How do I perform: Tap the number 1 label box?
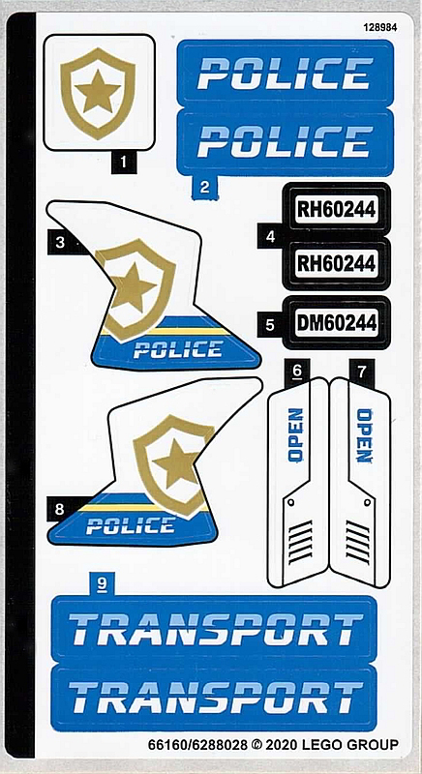click(123, 163)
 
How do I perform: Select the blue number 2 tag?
click(205, 188)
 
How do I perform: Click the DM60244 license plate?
click(337, 323)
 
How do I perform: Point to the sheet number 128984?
click(380, 28)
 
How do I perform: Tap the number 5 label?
click(270, 325)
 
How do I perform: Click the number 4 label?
click(270, 237)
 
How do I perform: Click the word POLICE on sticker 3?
click(178, 349)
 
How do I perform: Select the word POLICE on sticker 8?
click(131, 525)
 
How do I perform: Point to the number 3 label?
click(60, 243)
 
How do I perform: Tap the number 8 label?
click(60, 509)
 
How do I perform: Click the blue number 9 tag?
click(103, 584)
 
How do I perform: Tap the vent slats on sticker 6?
click(301, 542)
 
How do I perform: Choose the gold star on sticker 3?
click(133, 286)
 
